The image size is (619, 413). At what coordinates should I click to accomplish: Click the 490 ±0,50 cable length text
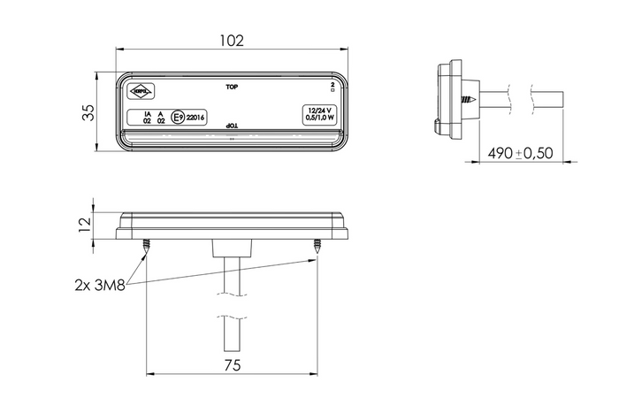click(x=520, y=153)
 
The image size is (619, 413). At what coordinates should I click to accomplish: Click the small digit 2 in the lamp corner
click(x=332, y=85)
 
